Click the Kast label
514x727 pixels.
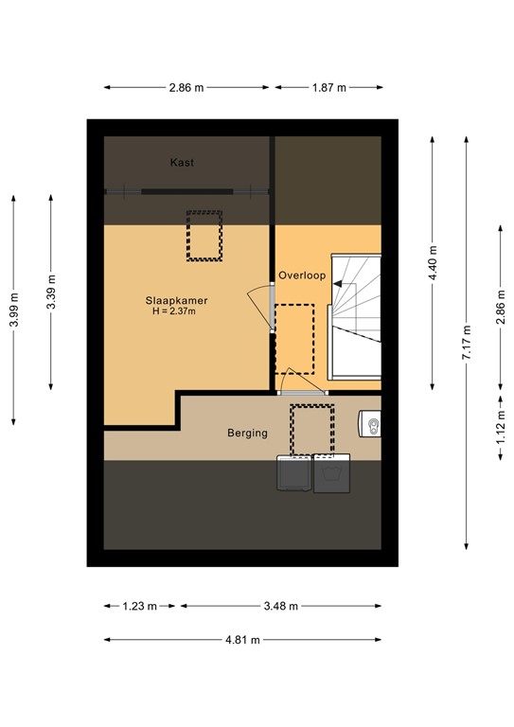point(182,163)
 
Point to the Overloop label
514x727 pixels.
point(302,275)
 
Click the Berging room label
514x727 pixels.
point(247,434)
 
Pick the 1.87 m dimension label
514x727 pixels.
point(328,87)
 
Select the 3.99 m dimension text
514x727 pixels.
point(13,309)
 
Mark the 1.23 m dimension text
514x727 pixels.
point(139,606)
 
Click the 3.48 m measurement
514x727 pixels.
point(280,606)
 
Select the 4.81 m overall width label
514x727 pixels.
point(242,639)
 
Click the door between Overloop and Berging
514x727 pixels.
point(301,390)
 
